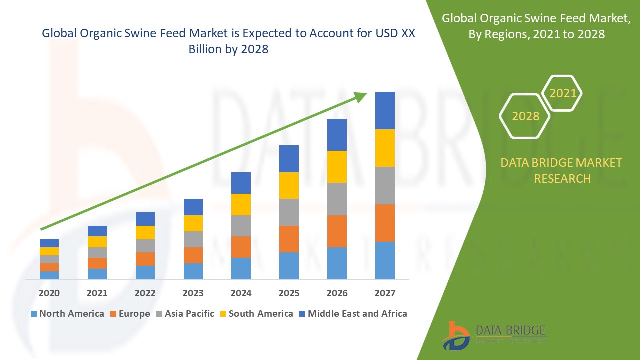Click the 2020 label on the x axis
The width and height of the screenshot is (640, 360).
pyautogui.click(x=49, y=293)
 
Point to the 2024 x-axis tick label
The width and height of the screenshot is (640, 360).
pyautogui.click(x=241, y=293)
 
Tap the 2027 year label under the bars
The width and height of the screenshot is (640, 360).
pyautogui.click(x=385, y=293)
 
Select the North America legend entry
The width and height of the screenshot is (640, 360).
pyautogui.click(x=67, y=314)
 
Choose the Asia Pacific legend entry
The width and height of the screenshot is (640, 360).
pyautogui.click(x=185, y=314)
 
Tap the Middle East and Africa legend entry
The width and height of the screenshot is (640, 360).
pyautogui.click(x=353, y=314)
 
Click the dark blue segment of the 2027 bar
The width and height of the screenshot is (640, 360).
pyautogui.click(x=385, y=110)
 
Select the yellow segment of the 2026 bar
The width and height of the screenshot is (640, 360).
pyautogui.click(x=337, y=167)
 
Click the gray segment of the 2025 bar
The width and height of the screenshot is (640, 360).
pyautogui.click(x=289, y=212)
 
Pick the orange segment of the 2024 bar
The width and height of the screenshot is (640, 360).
pyautogui.click(x=241, y=247)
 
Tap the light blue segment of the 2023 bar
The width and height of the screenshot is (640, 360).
pyautogui.click(x=193, y=271)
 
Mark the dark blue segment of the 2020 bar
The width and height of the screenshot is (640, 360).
pyautogui.click(x=49, y=243)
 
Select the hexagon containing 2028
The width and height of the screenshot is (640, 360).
pyautogui.click(x=525, y=116)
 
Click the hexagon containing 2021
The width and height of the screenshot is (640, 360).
pyautogui.click(x=562, y=93)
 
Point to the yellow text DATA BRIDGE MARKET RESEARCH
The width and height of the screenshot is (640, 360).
pyautogui.click(x=562, y=170)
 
